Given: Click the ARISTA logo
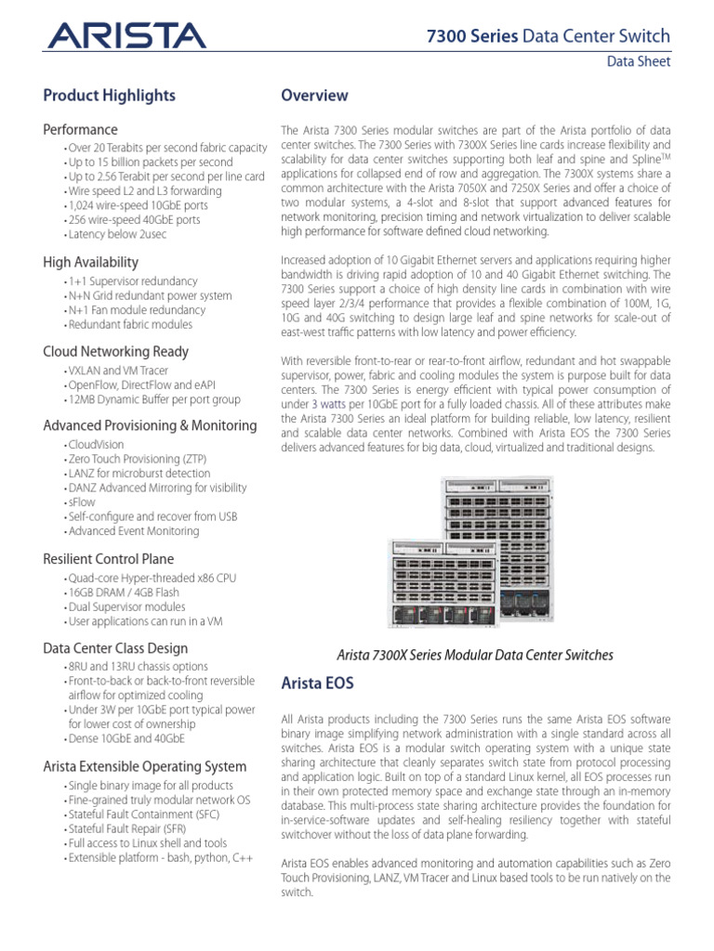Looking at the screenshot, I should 126,36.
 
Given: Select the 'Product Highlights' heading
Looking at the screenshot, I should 109,96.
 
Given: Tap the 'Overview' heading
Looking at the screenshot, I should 314,96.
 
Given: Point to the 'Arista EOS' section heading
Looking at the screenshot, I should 317,684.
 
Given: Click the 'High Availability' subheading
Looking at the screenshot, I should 90,262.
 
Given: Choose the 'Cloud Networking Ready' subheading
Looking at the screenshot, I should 115,351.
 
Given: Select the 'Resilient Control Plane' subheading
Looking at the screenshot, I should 108,559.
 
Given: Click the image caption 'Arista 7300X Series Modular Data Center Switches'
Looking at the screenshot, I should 474,655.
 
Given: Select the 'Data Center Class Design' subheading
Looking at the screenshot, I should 115,648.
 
